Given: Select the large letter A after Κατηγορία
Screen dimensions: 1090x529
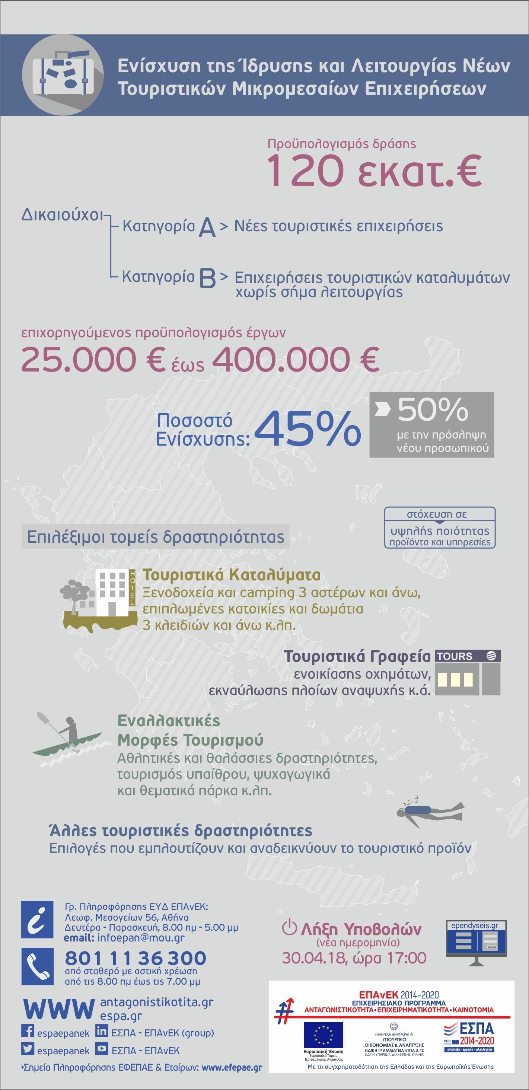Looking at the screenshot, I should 207,228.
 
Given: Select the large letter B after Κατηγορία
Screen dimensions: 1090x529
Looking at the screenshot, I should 207,278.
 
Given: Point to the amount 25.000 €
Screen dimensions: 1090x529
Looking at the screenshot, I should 93,359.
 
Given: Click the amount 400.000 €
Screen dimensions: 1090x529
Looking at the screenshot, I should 295,359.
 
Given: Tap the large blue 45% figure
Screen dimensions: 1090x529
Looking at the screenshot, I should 307,428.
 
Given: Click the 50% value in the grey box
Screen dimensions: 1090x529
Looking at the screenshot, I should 433,409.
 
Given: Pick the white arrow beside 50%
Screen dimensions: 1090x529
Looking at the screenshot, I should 382,409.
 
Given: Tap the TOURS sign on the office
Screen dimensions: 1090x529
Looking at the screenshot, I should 455,656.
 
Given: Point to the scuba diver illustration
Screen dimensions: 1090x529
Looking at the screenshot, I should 430,811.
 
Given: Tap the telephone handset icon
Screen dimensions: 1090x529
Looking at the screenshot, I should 37,966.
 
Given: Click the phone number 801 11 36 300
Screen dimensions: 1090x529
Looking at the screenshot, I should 136,958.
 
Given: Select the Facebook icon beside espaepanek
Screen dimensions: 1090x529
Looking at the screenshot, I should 28,1031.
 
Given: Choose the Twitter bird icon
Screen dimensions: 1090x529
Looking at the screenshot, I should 28,1049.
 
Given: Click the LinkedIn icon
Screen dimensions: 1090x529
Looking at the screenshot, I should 102,1031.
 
